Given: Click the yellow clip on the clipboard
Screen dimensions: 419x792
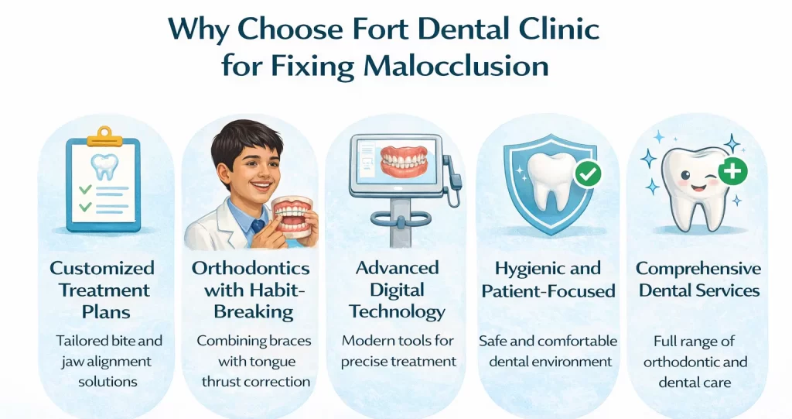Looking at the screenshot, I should [x=104, y=138].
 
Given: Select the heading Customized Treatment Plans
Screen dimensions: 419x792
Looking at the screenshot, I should [x=102, y=290].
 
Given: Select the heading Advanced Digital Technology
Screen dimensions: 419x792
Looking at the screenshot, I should [x=397, y=290].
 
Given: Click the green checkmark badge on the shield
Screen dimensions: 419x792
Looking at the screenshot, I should [x=589, y=174].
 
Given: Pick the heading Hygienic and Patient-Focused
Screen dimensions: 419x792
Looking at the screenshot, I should [x=548, y=280].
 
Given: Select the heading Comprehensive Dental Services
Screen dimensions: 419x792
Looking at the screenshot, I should [x=698, y=280].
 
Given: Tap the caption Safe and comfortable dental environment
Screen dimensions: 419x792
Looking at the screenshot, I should [x=548, y=350].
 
